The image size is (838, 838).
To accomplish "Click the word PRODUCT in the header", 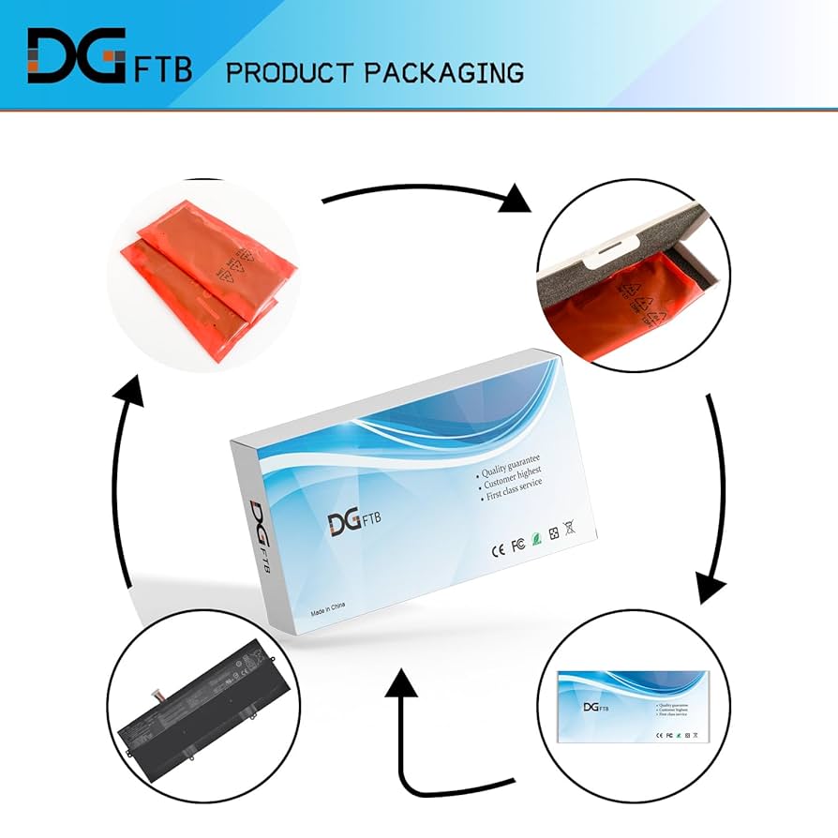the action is [288, 73].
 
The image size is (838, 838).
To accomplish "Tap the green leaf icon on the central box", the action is [534, 539].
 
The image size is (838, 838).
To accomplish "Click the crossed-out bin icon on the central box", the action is [568, 529].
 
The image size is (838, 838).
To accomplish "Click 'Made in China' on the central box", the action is [328, 610].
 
